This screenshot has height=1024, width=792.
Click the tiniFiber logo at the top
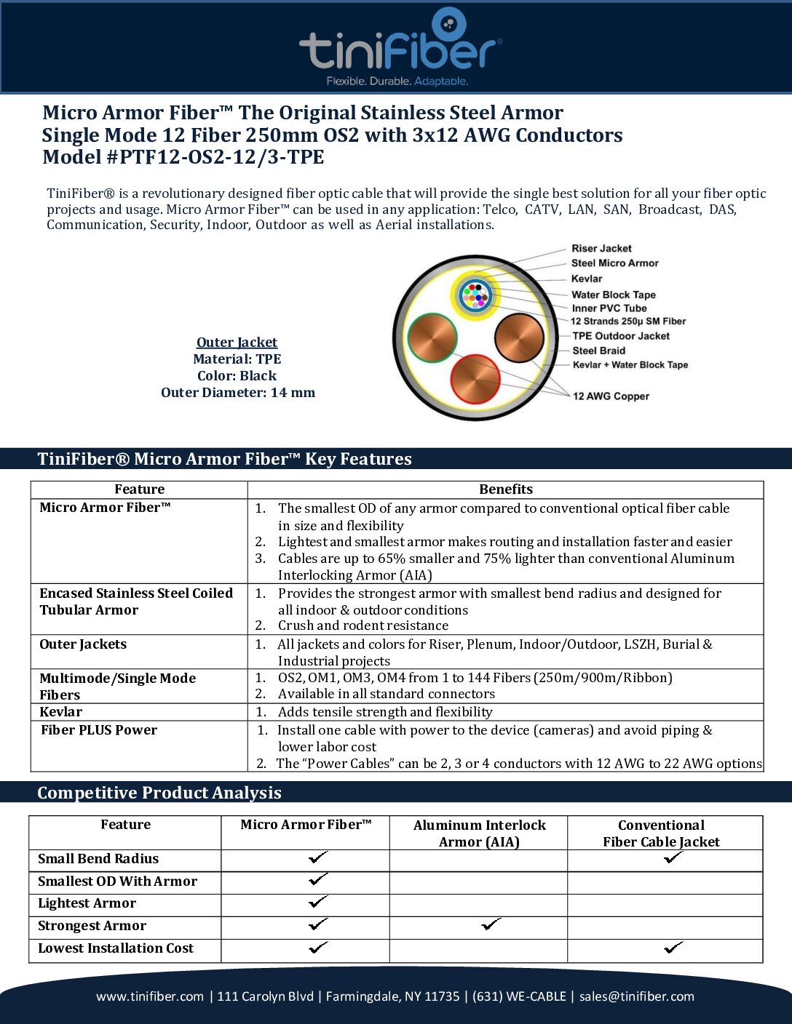400,48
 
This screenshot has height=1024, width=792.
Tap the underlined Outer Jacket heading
237,343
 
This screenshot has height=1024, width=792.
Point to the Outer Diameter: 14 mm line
238,393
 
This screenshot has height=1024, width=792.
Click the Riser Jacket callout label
601,249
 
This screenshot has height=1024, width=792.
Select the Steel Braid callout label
598,351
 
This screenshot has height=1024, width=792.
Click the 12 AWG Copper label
611,396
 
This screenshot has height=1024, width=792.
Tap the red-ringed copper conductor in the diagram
475,378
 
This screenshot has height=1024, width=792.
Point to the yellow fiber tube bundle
475,295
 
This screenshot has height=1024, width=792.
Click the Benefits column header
506,489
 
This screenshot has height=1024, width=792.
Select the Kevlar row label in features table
61,712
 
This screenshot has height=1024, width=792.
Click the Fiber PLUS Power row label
99,730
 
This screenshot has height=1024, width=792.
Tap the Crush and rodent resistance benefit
363,625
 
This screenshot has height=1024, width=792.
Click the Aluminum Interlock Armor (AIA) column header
479,833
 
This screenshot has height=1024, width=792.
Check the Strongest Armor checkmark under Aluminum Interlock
492,925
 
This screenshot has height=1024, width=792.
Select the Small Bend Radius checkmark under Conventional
673,858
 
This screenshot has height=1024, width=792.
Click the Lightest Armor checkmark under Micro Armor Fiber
318,903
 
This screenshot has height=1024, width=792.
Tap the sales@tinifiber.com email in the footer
637,996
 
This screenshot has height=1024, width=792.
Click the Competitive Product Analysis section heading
159,793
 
